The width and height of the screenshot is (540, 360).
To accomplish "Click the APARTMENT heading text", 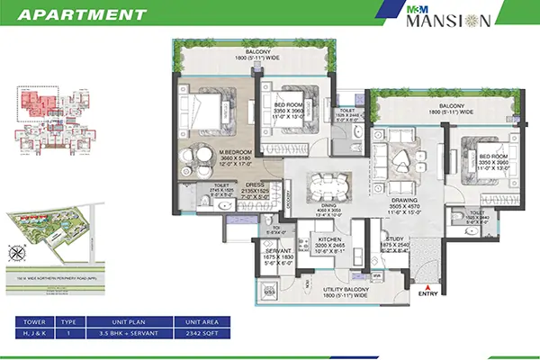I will tap(82, 14).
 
